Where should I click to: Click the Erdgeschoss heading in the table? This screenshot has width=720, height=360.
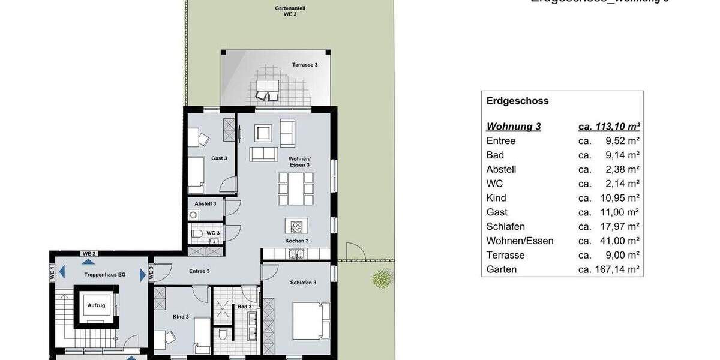coord(517,101)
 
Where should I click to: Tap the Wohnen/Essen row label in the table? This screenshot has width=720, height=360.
coord(520,241)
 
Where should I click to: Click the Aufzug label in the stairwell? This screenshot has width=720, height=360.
coord(97,305)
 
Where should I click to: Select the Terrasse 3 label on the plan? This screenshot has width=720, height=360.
coord(305,65)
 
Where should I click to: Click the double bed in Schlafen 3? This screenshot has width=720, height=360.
coord(310,320)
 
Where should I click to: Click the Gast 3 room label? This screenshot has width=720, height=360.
coord(219,158)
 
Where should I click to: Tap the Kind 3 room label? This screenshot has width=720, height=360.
coord(181,317)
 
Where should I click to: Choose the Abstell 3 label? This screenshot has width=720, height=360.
coord(205,203)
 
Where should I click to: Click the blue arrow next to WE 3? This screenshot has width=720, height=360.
coord(143,275)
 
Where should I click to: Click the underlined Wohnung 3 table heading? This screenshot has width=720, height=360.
coord(514,127)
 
